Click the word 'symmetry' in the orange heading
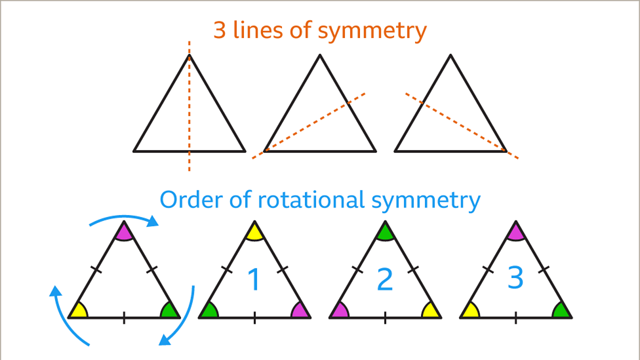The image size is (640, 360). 372,31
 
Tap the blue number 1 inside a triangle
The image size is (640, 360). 254,280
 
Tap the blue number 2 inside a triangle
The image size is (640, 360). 384,280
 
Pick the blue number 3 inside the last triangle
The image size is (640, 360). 515,277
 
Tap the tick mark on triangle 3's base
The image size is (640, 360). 515,317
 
